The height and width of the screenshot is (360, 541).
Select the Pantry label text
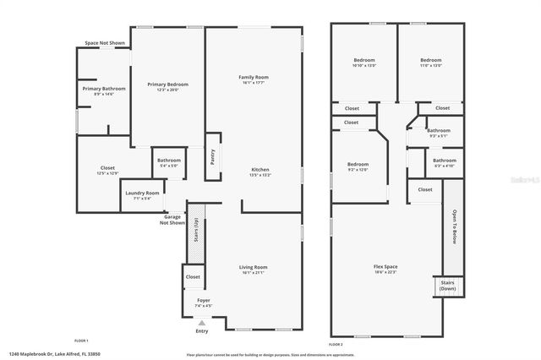(x=213, y=155)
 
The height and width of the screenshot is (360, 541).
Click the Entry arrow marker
(x=201, y=322)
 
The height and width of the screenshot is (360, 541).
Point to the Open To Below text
(x=454, y=226)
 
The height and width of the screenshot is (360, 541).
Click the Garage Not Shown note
(x=174, y=220)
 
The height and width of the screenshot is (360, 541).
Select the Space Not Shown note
(x=105, y=42)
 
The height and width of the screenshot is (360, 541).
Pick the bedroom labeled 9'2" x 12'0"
(x=358, y=166)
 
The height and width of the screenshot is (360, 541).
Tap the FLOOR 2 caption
(x=336, y=345)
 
